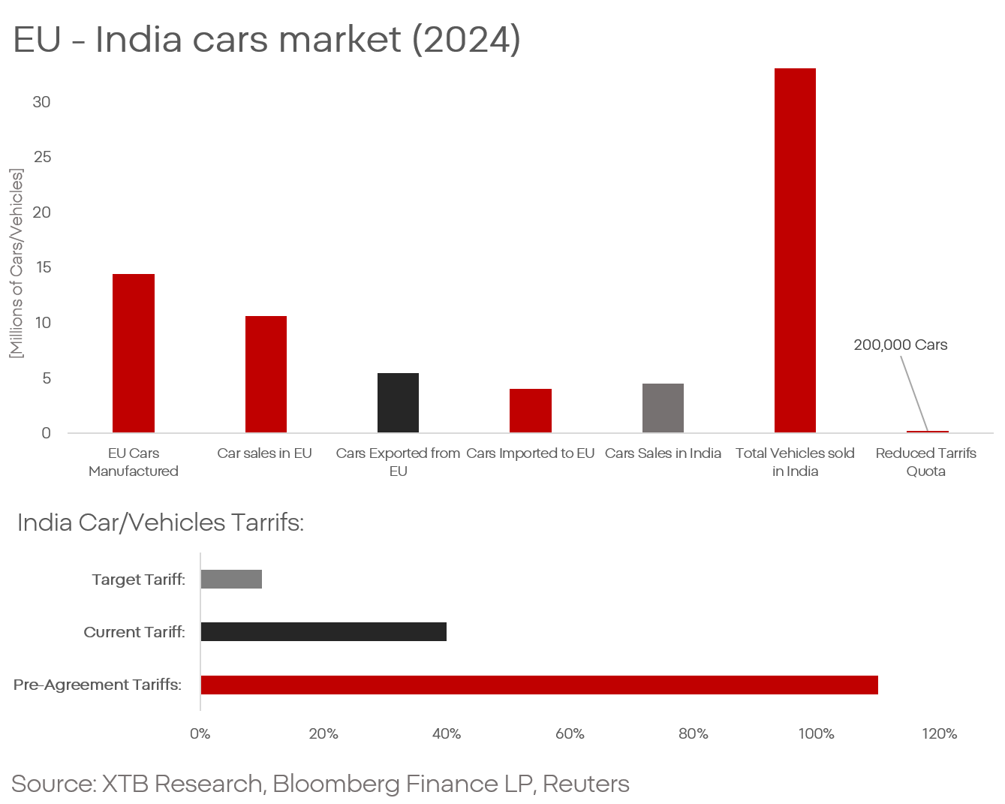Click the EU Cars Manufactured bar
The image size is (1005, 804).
pyautogui.click(x=134, y=353)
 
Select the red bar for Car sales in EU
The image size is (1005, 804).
pyautogui.click(x=266, y=374)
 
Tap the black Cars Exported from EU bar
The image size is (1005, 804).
pyautogui.click(x=398, y=402)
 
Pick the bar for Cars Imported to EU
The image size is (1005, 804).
pyautogui.click(x=531, y=411)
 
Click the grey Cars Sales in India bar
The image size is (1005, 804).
pyautogui.click(x=663, y=408)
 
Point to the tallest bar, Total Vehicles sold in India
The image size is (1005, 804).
pyautogui.click(x=795, y=250)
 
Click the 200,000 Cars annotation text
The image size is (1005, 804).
pyautogui.click(x=900, y=345)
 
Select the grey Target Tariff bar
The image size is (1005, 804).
pyautogui.click(x=231, y=579)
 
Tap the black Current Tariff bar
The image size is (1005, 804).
pyautogui.click(x=323, y=631)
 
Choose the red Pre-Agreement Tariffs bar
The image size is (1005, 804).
pyautogui.click(x=539, y=685)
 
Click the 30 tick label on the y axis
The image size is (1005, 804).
pyautogui.click(x=41, y=102)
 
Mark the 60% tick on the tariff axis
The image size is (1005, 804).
pyautogui.click(x=570, y=733)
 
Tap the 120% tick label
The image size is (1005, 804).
pyautogui.click(x=939, y=733)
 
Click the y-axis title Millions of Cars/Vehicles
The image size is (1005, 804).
pyautogui.click(x=17, y=263)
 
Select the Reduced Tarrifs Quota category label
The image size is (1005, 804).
pyautogui.click(x=925, y=462)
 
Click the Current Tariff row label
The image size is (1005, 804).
pyautogui.click(x=134, y=632)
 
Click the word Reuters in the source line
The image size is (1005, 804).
pyautogui.click(x=585, y=784)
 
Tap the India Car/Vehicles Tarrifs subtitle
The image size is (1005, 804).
pyautogui.click(x=160, y=522)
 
